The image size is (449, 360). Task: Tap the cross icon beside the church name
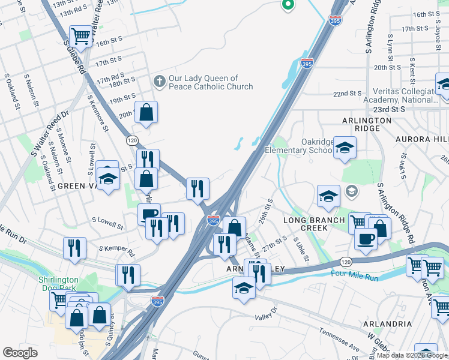(x=159, y=82)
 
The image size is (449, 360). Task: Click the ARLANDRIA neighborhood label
(x=387, y=323)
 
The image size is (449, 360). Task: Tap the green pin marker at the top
(x=288, y=5)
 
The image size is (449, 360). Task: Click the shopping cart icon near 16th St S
(x=80, y=36)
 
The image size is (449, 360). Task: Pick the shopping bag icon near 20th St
(x=146, y=112)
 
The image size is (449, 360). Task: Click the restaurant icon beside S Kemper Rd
(x=75, y=248)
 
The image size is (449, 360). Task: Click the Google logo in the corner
(x=20, y=352)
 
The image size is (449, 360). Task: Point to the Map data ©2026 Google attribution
(x=412, y=356)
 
